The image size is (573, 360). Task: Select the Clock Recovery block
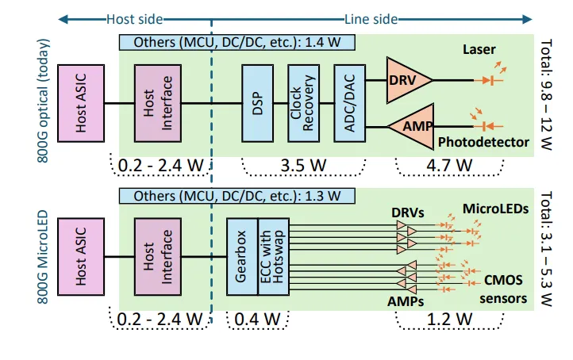click(x=303, y=102)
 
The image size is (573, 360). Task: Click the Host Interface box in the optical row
click(x=158, y=103)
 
